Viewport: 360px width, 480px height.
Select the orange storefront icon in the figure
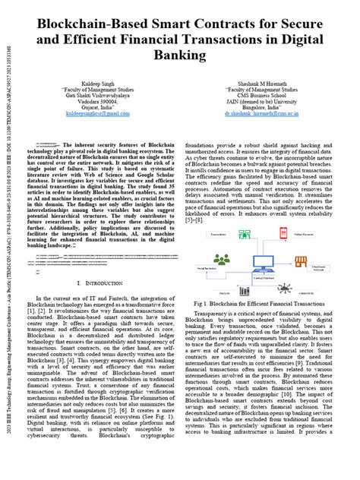click(x=301, y=262)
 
